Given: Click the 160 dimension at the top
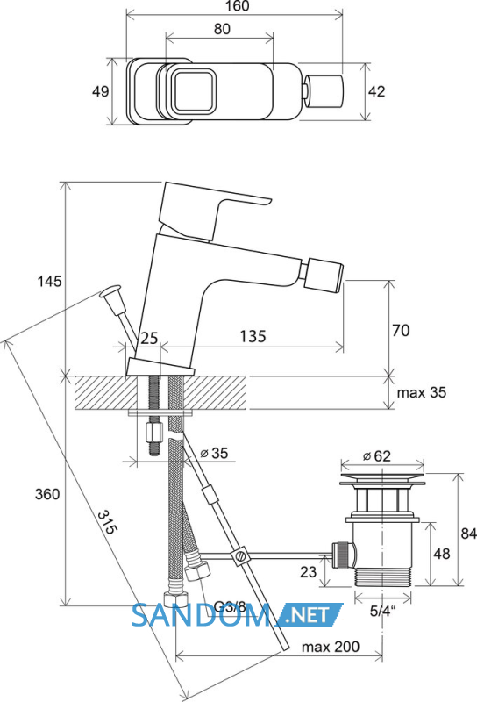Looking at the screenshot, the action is tap(238, 6).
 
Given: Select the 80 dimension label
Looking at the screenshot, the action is tap(222, 29).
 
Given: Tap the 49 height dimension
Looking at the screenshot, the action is tap(100, 91).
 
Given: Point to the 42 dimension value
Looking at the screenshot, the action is tap(376, 91).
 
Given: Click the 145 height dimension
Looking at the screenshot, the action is tap(49, 282).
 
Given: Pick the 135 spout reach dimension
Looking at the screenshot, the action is tap(253, 336).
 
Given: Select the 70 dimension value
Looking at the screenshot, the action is tap(401, 331).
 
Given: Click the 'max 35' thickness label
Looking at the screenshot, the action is tap(422, 392).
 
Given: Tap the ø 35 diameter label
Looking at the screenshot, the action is tap(214, 453).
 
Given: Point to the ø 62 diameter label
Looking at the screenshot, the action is tap(377, 456).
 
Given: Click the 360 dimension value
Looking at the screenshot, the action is tap(47, 494).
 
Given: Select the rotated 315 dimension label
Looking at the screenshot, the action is tap(108, 522).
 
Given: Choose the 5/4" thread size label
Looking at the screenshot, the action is tap(383, 612).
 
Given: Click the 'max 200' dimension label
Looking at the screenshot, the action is tap(331, 647).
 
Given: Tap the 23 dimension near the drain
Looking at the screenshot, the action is tap(309, 572).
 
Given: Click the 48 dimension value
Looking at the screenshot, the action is tap(442, 554).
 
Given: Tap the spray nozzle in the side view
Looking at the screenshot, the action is tap(324, 276).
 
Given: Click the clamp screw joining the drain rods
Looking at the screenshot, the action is tap(240, 555).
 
